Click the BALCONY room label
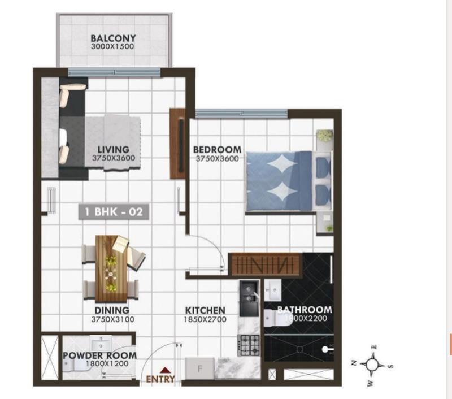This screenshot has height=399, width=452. click(113, 38)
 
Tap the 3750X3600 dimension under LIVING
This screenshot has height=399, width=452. click(114, 158)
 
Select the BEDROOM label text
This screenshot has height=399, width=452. click(217, 150)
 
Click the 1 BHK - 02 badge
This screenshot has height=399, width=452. click(114, 212)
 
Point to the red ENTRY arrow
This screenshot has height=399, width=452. click(164, 370)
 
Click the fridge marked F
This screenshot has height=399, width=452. click(200, 368)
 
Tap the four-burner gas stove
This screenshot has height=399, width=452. click(248, 345)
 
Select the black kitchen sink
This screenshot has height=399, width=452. click(249, 298)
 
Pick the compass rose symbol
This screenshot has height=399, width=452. click(372, 365)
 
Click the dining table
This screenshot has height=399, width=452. click(111, 268)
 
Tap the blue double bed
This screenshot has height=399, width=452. click(289, 182)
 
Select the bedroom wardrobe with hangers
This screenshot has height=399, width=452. click(265, 264)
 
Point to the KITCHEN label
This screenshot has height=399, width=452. click(205, 310)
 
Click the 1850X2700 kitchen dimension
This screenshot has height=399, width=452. click(205, 319)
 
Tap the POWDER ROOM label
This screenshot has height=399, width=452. click(100, 355)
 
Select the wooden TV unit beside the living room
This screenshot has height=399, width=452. click(177, 144)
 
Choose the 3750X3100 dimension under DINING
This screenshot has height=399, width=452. click(112, 319)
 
